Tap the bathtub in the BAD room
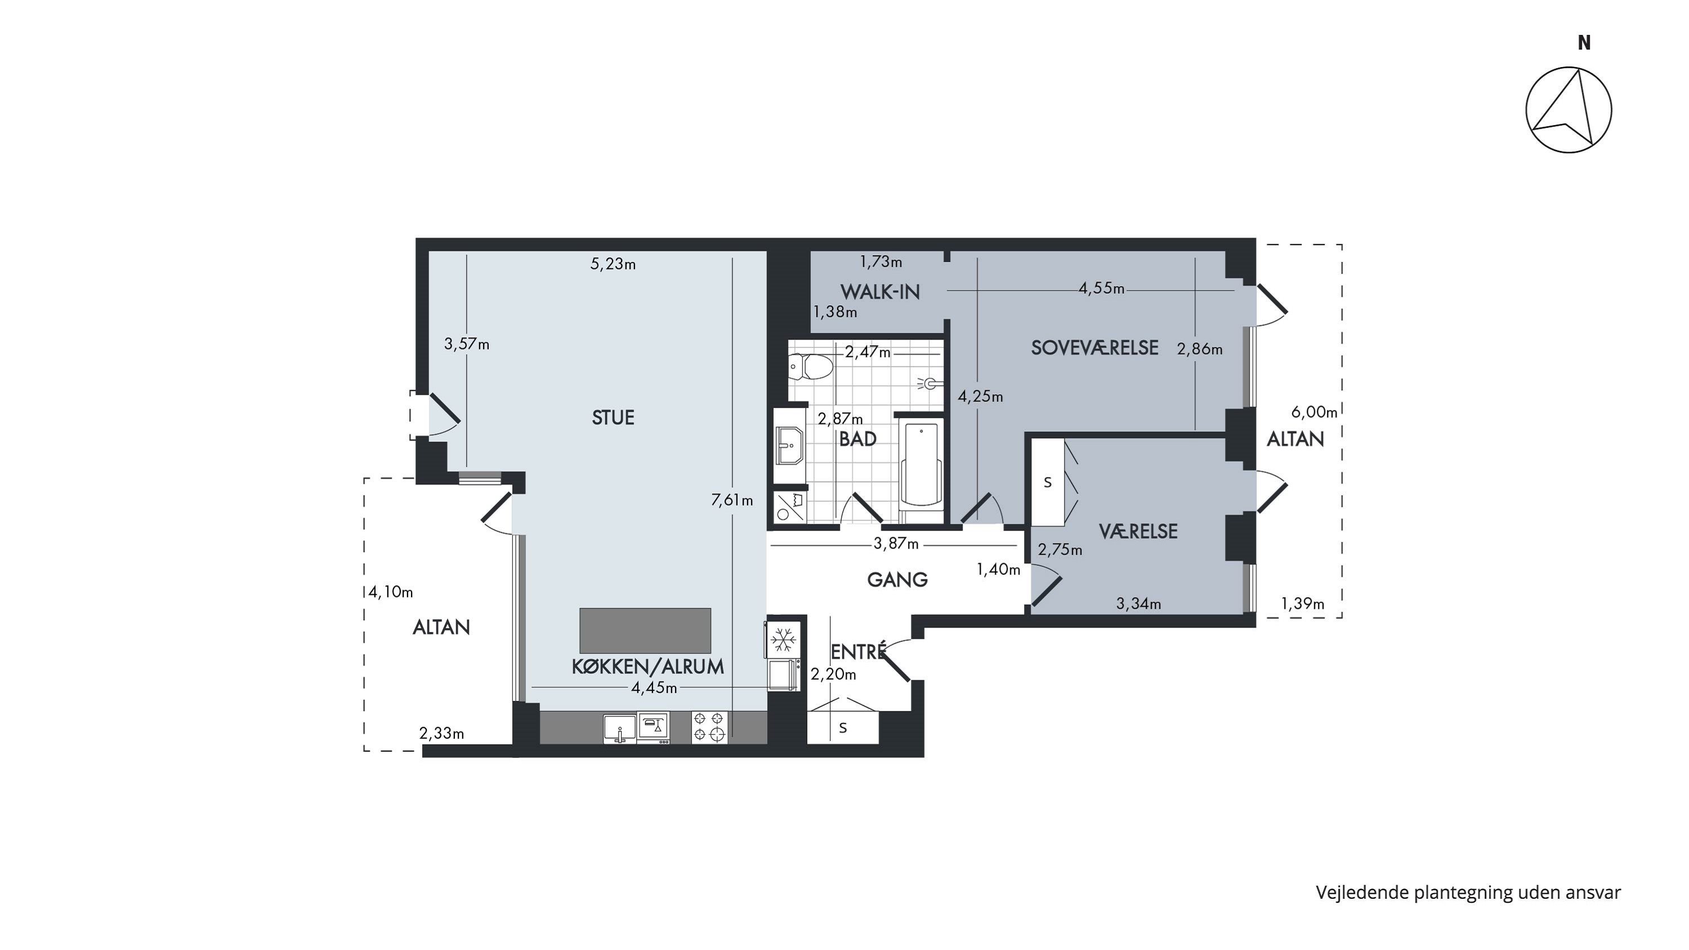point(921,464)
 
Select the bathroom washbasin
point(790,445)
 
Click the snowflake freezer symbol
point(783,639)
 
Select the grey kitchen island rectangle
point(645,630)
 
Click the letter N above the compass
point(1584,43)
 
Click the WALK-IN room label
point(880,292)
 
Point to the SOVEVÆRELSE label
point(1094,347)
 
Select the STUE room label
point(613,418)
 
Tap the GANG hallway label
point(897,579)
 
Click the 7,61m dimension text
point(732,500)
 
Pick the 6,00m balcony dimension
point(1314,412)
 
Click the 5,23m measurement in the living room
point(613,264)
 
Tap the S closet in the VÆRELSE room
point(1048,483)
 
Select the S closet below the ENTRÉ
point(843,727)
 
